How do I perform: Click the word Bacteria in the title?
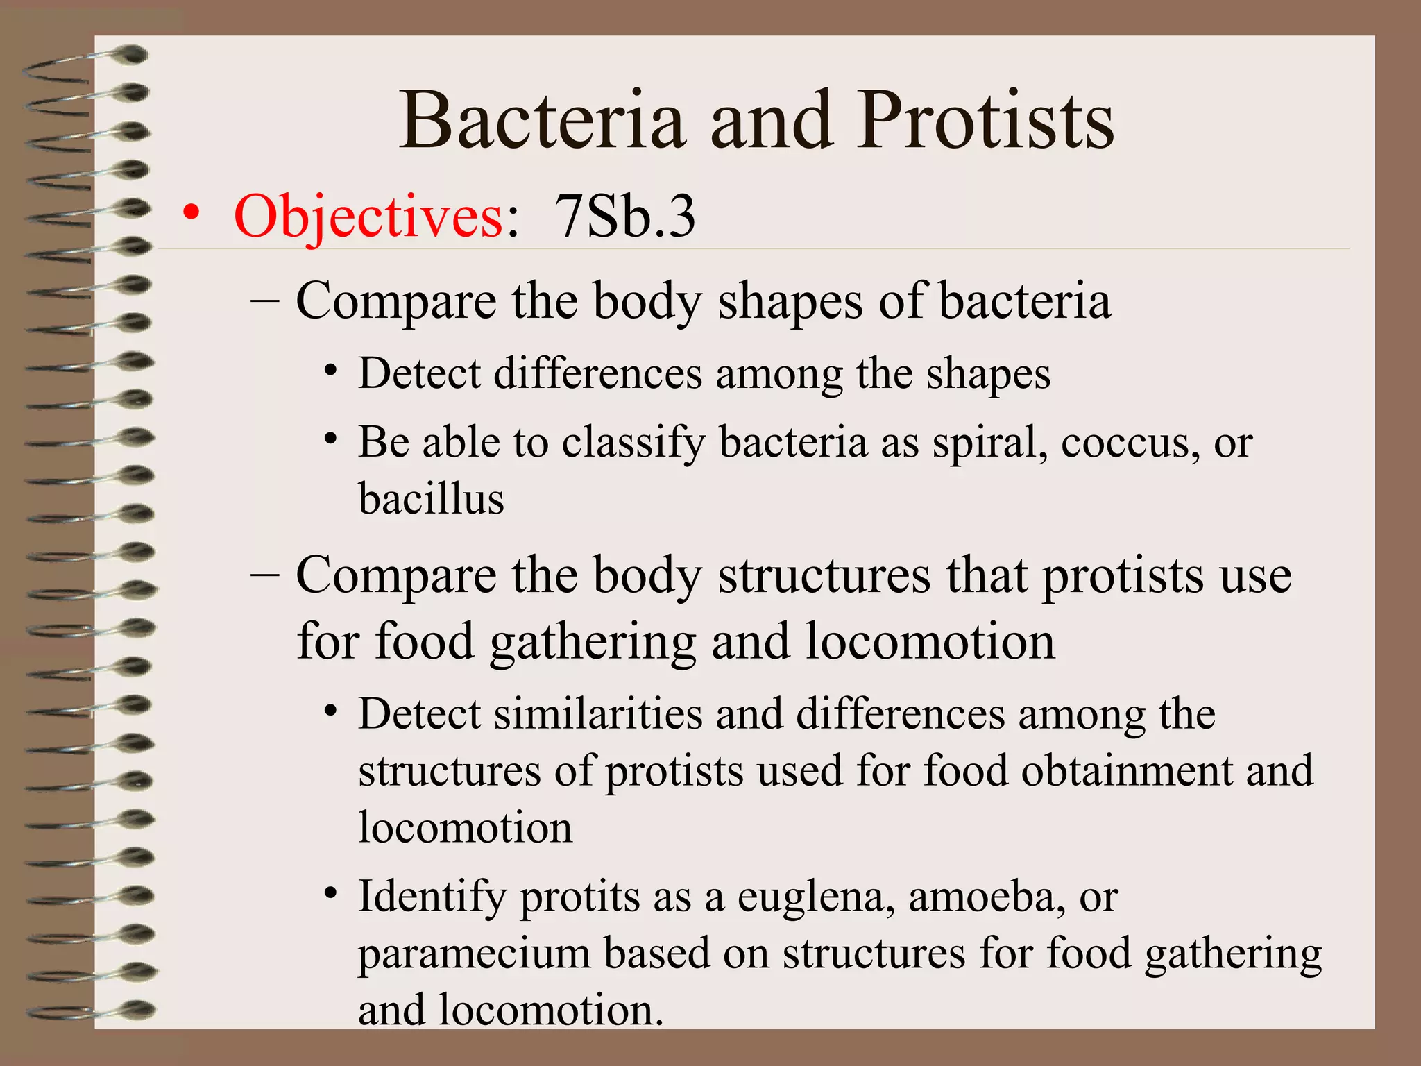click(x=542, y=121)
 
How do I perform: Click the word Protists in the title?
click(x=986, y=121)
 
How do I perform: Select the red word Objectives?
click(x=368, y=217)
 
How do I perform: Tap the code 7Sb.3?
click(x=624, y=217)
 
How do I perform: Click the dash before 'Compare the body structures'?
click(x=264, y=575)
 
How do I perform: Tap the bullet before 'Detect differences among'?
click(x=331, y=371)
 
